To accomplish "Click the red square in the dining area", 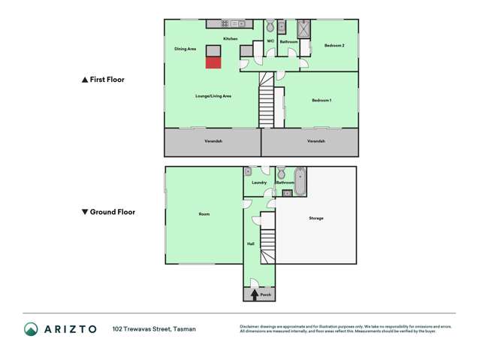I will pyautogui.click(x=214, y=62).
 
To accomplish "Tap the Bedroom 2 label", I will pyautogui.click(x=334, y=46).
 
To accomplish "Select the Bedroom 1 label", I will pyautogui.click(x=322, y=100).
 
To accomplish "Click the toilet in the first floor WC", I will pyautogui.click(x=269, y=25).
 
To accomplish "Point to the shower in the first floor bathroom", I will pyautogui.click(x=303, y=29).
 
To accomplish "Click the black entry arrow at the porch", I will pyautogui.click(x=255, y=294).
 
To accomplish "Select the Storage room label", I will pyautogui.click(x=315, y=218).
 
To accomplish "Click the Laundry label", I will pyautogui.click(x=259, y=183).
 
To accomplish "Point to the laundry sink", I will pyautogui.click(x=247, y=171).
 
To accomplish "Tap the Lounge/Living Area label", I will pyautogui.click(x=213, y=96).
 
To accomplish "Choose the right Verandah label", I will pyautogui.click(x=316, y=141).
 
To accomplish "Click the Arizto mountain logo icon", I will pyautogui.click(x=31, y=328).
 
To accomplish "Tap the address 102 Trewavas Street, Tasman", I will pyautogui.click(x=154, y=329).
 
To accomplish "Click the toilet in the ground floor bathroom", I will pyautogui.click(x=280, y=174).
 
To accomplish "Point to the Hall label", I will pyautogui.click(x=250, y=244).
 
